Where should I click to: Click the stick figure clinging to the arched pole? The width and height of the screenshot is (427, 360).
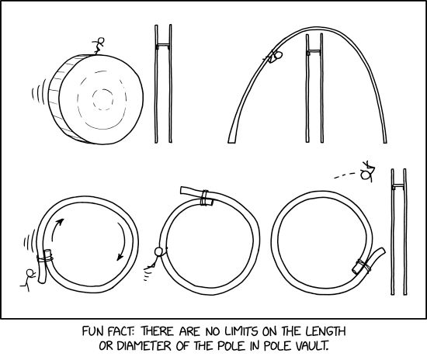(x=276, y=56)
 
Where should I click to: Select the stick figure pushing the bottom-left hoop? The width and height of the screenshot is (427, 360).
(x=30, y=279)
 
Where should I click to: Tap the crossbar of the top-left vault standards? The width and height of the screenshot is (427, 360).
(x=163, y=47)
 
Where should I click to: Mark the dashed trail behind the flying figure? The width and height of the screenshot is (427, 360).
(x=344, y=175)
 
